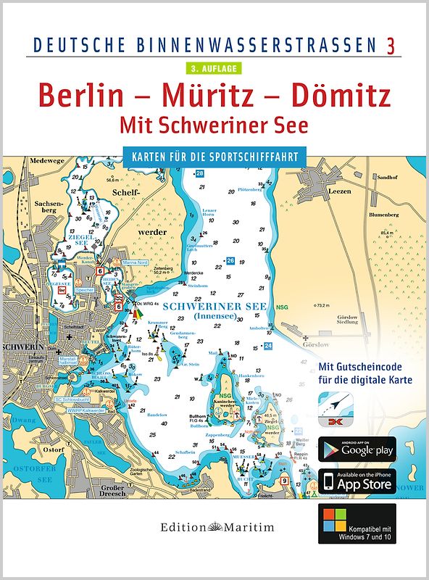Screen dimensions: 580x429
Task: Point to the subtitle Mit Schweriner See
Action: [214, 125]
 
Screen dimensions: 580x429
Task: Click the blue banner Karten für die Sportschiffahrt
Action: [214, 155]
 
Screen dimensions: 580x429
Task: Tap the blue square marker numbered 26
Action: [230, 260]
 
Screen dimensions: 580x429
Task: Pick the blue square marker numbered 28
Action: [200, 174]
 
